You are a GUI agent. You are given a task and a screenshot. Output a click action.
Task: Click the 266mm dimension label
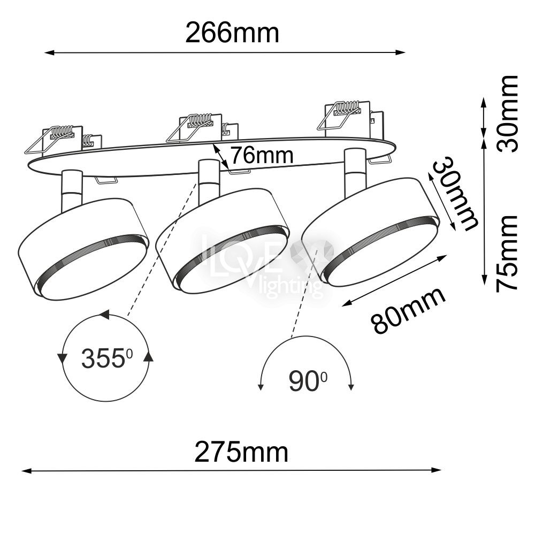[x=232, y=33]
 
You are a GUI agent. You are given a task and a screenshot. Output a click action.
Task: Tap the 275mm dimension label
[x=241, y=452]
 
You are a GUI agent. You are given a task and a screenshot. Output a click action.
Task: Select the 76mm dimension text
[x=262, y=155]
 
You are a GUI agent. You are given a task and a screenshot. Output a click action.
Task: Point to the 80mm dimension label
[x=408, y=310]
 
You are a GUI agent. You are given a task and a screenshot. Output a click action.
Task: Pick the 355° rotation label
[x=107, y=358]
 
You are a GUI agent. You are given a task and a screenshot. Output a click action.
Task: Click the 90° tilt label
[x=308, y=381]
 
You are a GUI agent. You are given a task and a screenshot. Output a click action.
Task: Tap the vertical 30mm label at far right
[x=507, y=114]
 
